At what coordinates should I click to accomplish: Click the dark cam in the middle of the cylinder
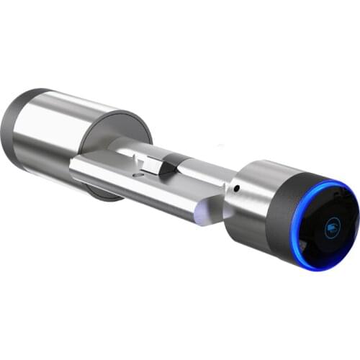166,168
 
